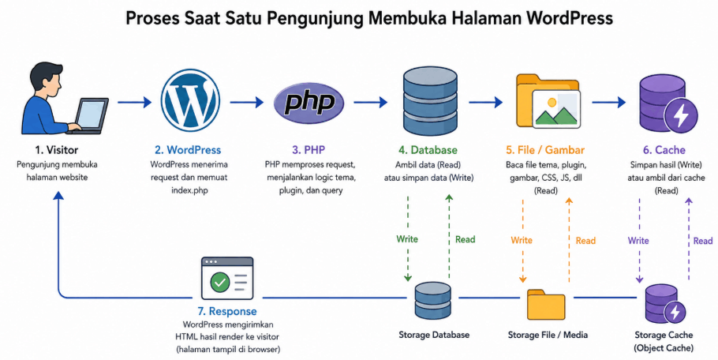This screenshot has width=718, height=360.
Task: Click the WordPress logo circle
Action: (x=190, y=99)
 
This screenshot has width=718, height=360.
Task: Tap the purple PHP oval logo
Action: (x=309, y=103)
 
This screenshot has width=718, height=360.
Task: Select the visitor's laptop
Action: (x=88, y=116)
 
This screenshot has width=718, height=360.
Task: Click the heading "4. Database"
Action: (x=428, y=150)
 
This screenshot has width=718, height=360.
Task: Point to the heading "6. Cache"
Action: (x=664, y=150)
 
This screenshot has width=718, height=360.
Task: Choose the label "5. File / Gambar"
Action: (x=545, y=150)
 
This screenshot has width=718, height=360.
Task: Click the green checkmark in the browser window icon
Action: (x=220, y=282)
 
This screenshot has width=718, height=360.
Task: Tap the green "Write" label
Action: (x=407, y=239)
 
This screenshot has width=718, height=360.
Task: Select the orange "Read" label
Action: (x=585, y=241)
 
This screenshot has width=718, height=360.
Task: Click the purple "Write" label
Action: (x=638, y=241)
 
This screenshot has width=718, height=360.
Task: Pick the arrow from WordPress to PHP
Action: (x=246, y=102)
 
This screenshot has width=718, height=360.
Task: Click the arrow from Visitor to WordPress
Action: (x=134, y=102)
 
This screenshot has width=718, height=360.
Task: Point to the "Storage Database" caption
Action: (x=434, y=335)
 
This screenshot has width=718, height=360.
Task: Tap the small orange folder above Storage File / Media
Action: (x=546, y=304)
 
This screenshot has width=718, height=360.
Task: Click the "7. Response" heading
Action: (x=227, y=312)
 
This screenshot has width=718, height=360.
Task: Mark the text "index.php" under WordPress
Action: (x=189, y=190)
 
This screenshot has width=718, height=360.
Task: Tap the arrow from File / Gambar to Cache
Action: (x=608, y=102)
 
